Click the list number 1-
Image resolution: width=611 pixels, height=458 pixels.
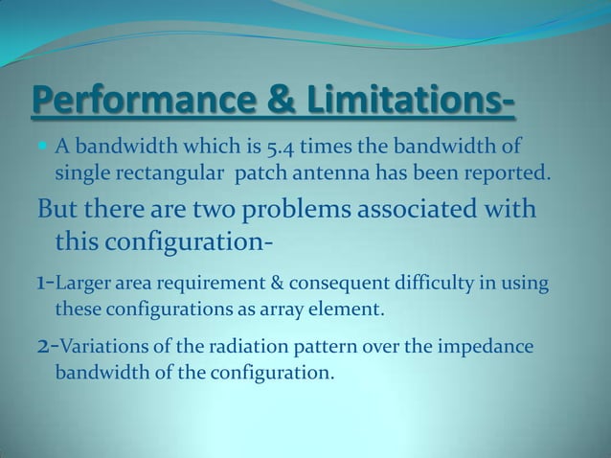pos(46,283)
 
